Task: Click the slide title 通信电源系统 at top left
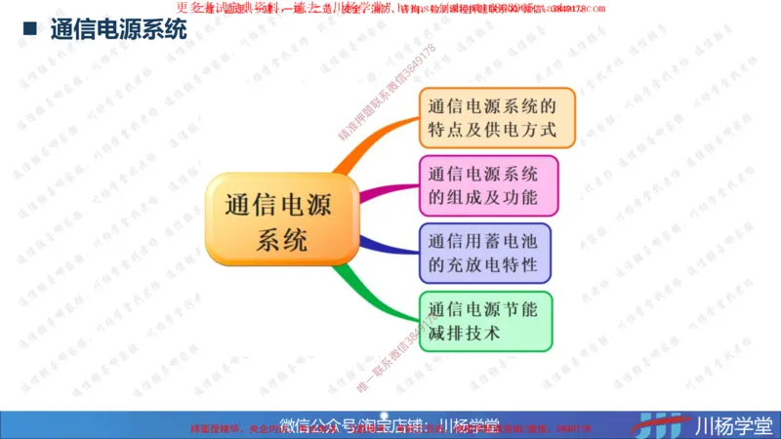click(118, 29)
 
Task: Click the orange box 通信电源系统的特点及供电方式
click(497, 117)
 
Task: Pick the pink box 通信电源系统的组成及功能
click(488, 185)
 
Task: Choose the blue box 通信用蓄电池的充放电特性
click(484, 253)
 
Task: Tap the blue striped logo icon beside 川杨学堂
click(663, 424)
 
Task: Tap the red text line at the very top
click(390, 9)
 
